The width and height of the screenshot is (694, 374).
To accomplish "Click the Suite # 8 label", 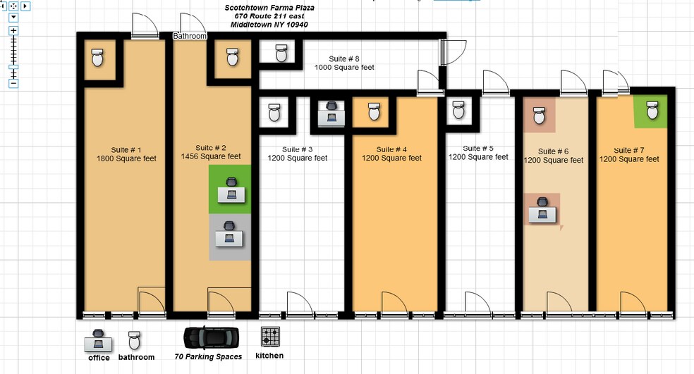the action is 344,58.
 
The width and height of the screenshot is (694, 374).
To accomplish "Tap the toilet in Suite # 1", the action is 97,58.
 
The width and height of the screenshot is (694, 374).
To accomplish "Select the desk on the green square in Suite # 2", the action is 231,191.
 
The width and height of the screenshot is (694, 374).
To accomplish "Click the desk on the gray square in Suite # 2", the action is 229,235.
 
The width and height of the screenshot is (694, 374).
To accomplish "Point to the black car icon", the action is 212,338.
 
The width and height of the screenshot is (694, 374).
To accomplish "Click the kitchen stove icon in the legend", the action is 270,337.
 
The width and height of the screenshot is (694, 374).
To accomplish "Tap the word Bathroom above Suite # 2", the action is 190,36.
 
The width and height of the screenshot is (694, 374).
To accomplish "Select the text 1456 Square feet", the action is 211,156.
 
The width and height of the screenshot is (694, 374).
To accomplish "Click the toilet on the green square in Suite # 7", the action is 652,110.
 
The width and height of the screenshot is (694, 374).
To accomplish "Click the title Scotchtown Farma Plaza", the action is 269,8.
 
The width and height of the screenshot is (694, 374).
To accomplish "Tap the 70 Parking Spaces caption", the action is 208,356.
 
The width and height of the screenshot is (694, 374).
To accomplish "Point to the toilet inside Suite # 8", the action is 281,53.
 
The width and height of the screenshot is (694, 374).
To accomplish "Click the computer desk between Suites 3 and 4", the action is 331,113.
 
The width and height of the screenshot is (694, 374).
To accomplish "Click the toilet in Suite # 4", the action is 375,111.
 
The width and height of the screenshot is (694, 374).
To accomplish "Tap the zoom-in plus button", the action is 13,30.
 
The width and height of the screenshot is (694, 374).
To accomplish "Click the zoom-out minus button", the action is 13,83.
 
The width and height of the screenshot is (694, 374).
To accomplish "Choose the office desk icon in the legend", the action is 98,341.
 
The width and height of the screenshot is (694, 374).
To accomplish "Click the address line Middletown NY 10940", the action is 269,25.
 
